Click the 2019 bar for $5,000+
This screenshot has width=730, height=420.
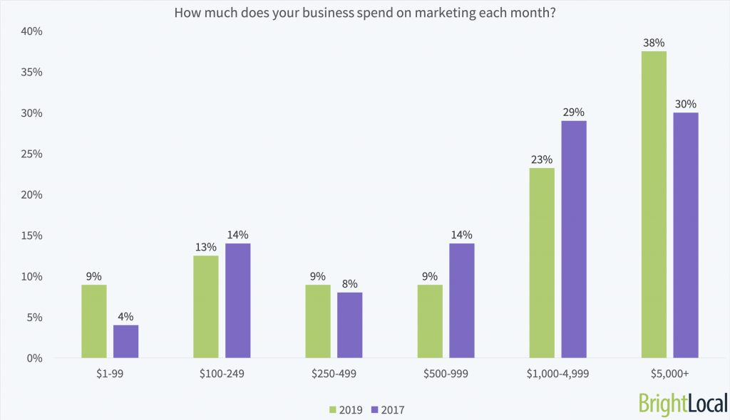pyautogui.click(x=654, y=204)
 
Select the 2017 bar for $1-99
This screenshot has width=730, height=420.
pyautogui.click(x=125, y=341)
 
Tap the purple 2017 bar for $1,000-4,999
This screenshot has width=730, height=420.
pyautogui.click(x=574, y=239)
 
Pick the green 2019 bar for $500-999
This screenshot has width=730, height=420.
pyautogui.click(x=430, y=321)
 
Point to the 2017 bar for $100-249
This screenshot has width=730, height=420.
pyautogui.click(x=237, y=300)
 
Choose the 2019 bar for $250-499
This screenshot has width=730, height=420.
pyautogui.click(x=318, y=321)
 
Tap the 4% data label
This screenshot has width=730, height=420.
pyautogui.click(x=125, y=316)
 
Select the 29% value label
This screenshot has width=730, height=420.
pyautogui.click(x=574, y=112)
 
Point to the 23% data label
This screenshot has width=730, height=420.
pyautogui.click(x=542, y=158)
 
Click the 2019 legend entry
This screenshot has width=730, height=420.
pyautogui.click(x=346, y=409)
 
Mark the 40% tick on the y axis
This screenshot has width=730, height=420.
pyautogui.click(x=33, y=31)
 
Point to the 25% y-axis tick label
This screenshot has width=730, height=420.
pyautogui.click(x=33, y=154)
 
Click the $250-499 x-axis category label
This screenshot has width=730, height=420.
pyautogui.click(x=334, y=373)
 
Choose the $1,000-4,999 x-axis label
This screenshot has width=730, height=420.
pyautogui.click(x=558, y=373)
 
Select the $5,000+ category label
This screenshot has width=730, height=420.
pyautogui.click(x=669, y=373)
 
